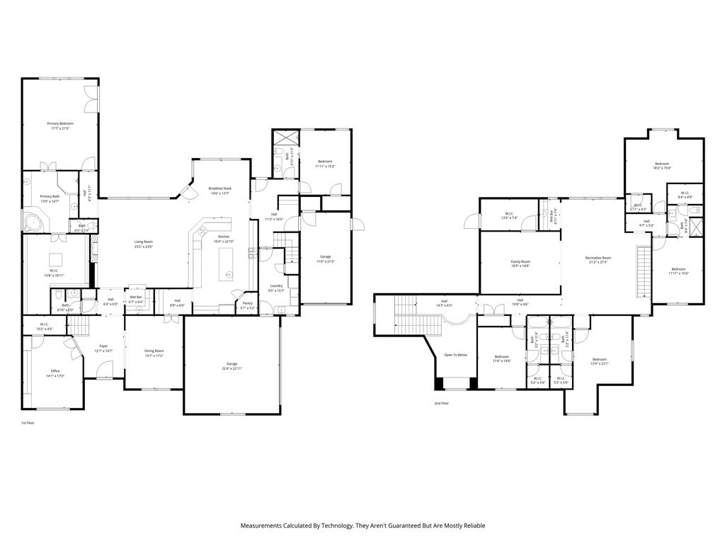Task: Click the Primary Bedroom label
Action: click(x=60, y=123)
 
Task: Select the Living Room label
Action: click(x=144, y=242)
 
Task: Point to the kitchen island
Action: click(x=227, y=262)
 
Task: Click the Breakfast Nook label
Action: click(x=219, y=188)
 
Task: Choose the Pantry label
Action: click(x=247, y=302)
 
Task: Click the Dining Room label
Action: click(x=154, y=351)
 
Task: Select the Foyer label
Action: click(x=103, y=346)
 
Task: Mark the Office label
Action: click(x=55, y=370)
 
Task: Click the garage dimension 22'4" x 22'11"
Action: click(x=232, y=369)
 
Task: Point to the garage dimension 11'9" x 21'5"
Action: click(x=325, y=261)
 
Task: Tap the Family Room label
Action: click(x=520, y=261)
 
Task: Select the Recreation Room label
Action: click(x=598, y=258)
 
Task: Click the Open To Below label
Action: click(x=455, y=355)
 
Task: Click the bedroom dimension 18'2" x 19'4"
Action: click(x=662, y=169)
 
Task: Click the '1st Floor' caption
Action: click(x=28, y=423)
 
